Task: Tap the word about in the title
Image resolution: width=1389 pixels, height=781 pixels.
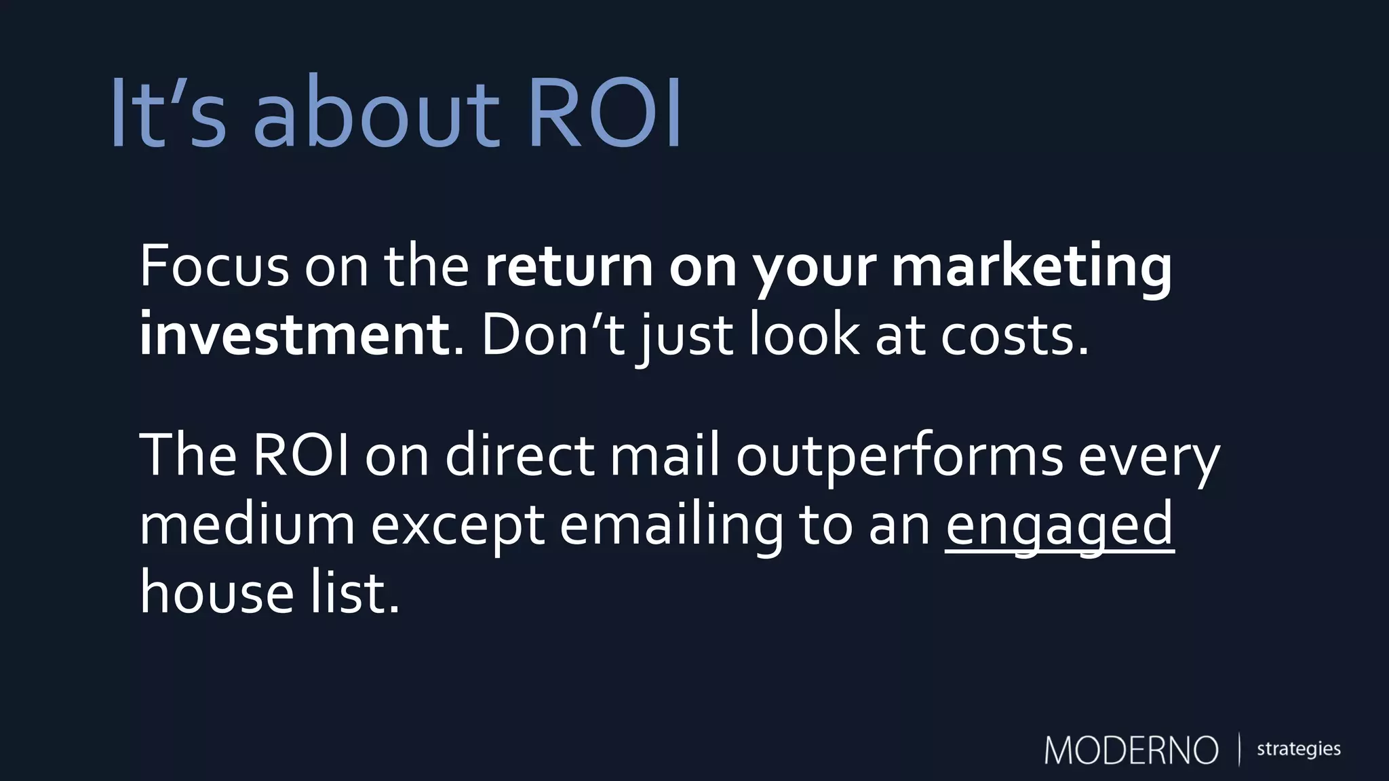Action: pyautogui.click(x=376, y=113)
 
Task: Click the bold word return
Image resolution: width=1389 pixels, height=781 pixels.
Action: pyautogui.click(x=569, y=266)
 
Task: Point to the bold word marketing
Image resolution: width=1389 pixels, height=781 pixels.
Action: pyautogui.click(x=1031, y=266)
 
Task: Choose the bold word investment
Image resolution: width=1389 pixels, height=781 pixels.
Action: pyautogui.click(x=293, y=336)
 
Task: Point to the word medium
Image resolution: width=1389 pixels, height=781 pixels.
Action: pyautogui.click(x=247, y=525)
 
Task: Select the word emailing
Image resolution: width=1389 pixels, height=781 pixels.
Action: pyautogui.click(x=671, y=526)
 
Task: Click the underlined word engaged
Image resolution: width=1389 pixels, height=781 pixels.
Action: pyautogui.click(x=1059, y=526)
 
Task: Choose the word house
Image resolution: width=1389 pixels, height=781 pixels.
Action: pyautogui.click(x=216, y=593)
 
